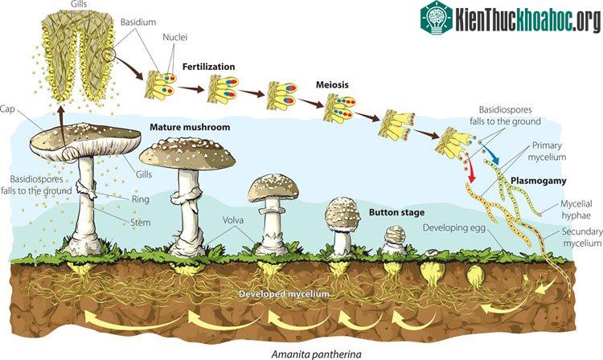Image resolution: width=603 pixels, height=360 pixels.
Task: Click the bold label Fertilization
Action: pos(208,67)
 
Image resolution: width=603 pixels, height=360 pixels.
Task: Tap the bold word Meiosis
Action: pos(332,84)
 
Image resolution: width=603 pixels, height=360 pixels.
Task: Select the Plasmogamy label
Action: pos(539,181)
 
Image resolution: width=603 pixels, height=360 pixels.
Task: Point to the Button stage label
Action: pos(397,212)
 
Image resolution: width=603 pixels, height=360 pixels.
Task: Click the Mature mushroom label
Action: pos(190,127)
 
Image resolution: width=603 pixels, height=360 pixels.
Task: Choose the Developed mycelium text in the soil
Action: pos(284,294)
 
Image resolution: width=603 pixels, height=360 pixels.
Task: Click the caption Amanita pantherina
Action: pos(317,354)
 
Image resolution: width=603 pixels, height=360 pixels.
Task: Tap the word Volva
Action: pos(233,220)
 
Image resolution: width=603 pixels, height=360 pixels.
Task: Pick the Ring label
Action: pos(141,199)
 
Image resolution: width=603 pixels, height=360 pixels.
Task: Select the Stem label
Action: pos(141,223)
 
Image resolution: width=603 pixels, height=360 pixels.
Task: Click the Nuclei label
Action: pos(175,37)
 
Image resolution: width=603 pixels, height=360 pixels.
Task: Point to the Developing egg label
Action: pos(454,228)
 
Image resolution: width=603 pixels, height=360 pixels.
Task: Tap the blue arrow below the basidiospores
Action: pos(491,154)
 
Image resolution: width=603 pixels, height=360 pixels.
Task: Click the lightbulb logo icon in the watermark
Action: pos(437,17)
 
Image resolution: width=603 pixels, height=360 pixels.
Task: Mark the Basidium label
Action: pos(138,22)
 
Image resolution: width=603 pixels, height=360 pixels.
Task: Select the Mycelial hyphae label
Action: pos(576,210)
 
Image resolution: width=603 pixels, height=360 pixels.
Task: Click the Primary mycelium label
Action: pos(547,151)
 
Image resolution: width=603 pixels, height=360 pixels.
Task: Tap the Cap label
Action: pos(7,109)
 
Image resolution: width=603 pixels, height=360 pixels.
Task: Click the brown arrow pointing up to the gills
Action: pos(61,128)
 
